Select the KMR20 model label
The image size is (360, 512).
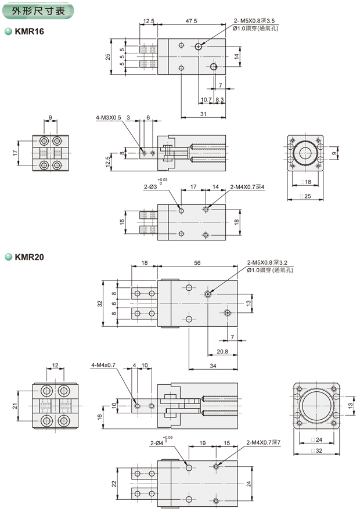[31, 255]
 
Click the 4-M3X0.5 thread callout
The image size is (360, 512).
[109, 117]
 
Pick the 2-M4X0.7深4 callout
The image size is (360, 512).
[247, 187]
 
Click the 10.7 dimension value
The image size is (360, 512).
[206, 100]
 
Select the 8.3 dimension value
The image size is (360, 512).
[220, 100]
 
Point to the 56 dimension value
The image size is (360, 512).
[197, 263]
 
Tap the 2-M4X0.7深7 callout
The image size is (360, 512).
[264, 442]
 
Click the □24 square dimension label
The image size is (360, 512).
[316, 439]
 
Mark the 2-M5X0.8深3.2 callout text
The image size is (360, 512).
[270, 262]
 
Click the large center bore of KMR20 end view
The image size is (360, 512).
[316, 406]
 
